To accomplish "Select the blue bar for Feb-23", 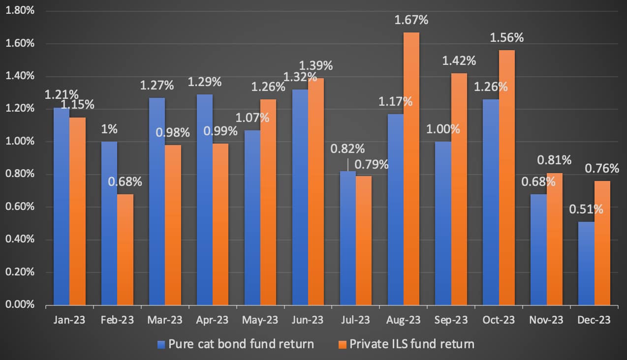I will (x=109, y=223).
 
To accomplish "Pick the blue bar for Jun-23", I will (x=300, y=197).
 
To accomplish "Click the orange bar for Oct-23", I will (x=507, y=178).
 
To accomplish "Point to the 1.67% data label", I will (x=411, y=21).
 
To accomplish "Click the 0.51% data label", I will (x=586, y=209).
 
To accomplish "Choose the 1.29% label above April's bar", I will (x=205, y=82).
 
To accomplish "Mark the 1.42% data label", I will (x=459, y=61).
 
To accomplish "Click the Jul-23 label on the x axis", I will (x=356, y=320).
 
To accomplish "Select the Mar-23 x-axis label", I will (x=165, y=320).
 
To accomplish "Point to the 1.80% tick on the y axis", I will (x=19, y=11).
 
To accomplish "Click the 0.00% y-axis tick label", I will (x=19, y=305).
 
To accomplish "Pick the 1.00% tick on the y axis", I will (x=19, y=142).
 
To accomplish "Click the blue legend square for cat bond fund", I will (x=160, y=344).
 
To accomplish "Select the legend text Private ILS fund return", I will (x=412, y=344).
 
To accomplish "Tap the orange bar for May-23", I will (x=268, y=202).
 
